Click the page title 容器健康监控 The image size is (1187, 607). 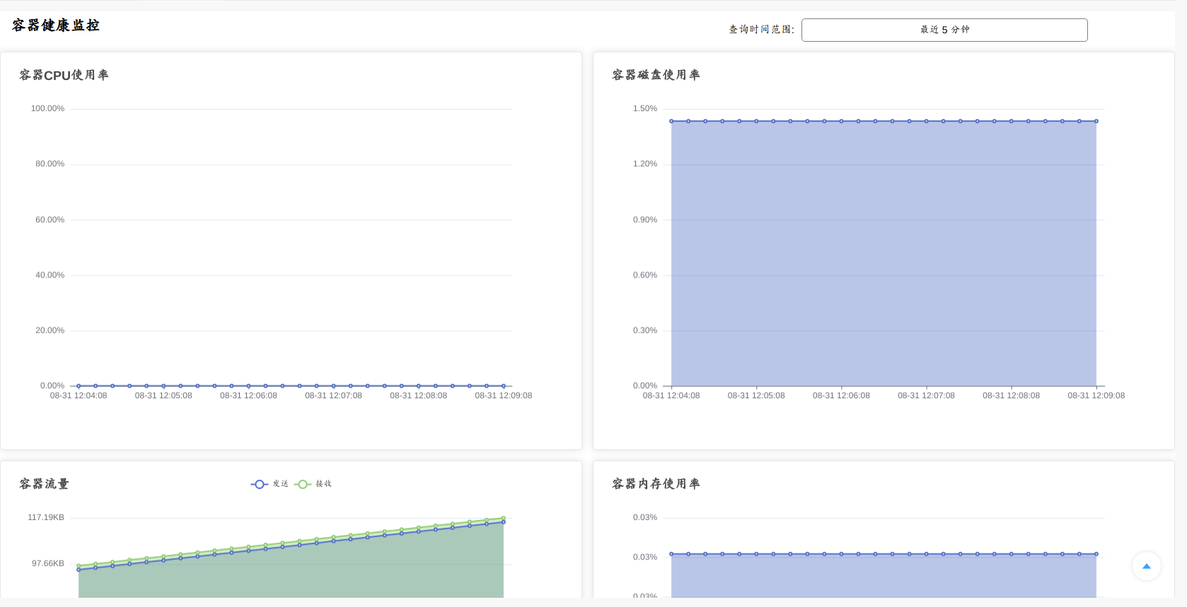pos(56,25)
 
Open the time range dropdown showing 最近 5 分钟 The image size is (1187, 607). pos(944,30)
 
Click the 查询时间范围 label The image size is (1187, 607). pos(761,30)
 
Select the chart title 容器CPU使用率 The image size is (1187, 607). pos(64,75)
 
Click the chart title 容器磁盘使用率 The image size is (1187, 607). pos(656,75)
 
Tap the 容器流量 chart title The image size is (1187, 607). pos(44,484)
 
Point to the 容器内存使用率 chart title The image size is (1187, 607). pos(656,484)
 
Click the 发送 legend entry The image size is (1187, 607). pos(270,484)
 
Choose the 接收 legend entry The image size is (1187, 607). pos(313,484)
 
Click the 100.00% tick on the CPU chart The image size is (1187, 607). pos(47,109)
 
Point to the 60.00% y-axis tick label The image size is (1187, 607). pos(50,220)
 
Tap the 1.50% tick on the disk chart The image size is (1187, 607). pos(644,109)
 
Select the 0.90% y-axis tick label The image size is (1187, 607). pos(644,220)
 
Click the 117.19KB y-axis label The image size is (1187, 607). pos(46,518)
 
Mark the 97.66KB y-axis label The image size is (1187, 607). pos(47,564)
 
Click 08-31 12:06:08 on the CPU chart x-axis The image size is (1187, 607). pos(248,396)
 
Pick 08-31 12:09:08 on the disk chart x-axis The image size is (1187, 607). pos(1096,396)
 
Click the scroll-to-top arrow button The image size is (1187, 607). pos(1146,566)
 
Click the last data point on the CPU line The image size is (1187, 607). pos(504,386)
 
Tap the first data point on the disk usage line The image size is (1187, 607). pos(671,121)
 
